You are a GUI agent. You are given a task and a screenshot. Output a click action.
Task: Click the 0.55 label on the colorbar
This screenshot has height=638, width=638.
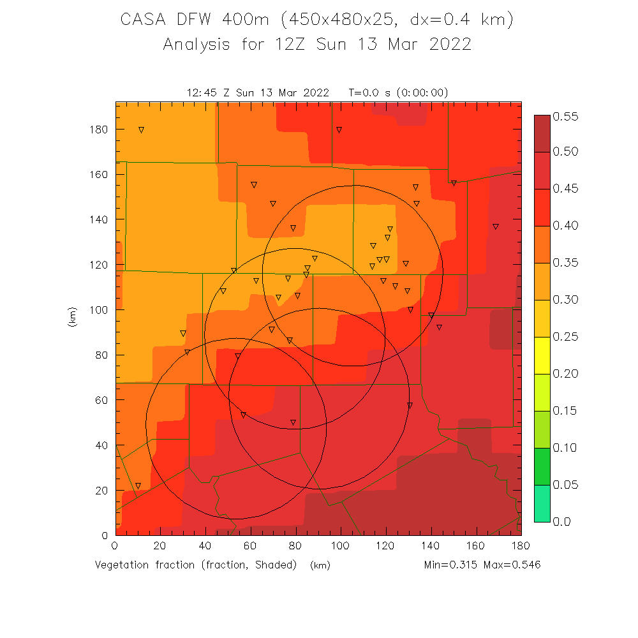coord(565,116)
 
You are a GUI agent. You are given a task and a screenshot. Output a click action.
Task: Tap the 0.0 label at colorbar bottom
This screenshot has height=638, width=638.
coord(562,522)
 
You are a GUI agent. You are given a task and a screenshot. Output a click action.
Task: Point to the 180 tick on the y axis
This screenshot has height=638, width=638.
coord(100,130)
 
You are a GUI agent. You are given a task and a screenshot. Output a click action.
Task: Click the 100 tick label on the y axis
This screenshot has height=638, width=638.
coord(100,310)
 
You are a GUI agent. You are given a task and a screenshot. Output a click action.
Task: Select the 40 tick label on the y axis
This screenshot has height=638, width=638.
coord(103,445)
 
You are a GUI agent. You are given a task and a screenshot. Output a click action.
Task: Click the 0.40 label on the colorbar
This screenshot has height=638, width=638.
coord(565,226)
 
